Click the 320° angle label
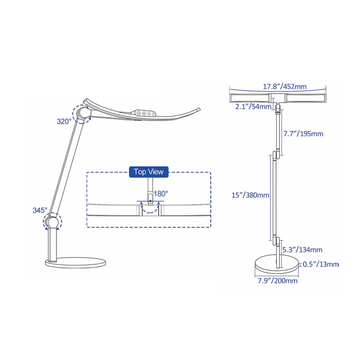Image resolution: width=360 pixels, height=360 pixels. pyautogui.click(x=64, y=122)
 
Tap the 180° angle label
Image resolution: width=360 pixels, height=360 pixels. pyautogui.click(x=161, y=194)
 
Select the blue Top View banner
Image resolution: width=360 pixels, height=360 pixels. pyautogui.click(x=149, y=172)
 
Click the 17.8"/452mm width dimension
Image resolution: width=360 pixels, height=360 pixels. pyautogui.click(x=285, y=86)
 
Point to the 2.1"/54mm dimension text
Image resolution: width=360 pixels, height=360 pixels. pyautogui.click(x=253, y=107)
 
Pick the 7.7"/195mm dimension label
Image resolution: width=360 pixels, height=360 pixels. pyautogui.click(x=303, y=134)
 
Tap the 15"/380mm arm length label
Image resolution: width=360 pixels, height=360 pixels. pyautogui.click(x=250, y=195)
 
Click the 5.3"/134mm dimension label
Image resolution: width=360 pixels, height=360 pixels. pyautogui.click(x=302, y=250)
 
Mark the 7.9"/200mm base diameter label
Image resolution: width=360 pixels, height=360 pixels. pyautogui.click(x=277, y=281)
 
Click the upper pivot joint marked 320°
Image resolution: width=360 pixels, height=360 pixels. pyautogui.click(x=83, y=114)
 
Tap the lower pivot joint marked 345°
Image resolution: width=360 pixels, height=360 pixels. pyautogui.click(x=52, y=222)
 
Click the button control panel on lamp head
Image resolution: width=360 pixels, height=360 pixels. pyautogui.click(x=146, y=113)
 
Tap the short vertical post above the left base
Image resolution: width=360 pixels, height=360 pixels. pyautogui.click(x=52, y=245)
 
